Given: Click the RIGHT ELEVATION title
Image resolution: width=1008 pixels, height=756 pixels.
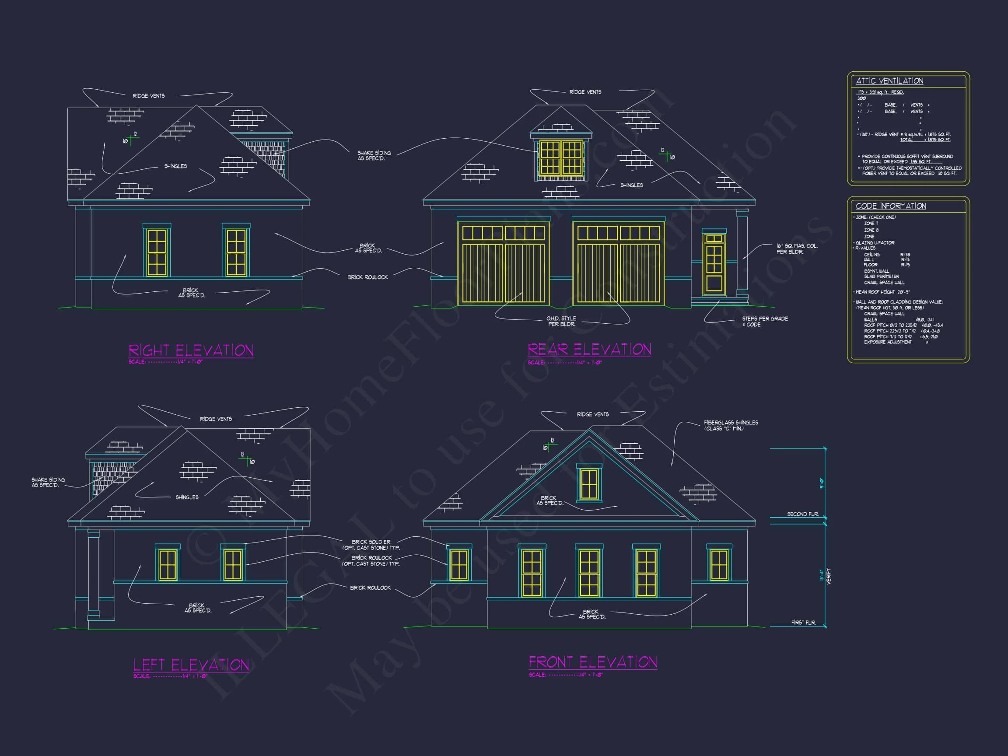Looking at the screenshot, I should [191, 350].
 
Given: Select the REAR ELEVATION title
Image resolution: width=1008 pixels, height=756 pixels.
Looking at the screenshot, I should [589, 349].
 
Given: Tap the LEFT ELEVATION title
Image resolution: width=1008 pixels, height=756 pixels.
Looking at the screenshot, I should [191, 665].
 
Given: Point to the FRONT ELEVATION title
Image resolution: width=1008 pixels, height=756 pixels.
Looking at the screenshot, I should [592, 661].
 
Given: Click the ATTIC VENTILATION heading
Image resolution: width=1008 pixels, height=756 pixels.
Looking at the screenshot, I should [889, 80].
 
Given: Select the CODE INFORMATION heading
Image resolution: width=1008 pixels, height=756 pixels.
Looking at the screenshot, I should [890, 206].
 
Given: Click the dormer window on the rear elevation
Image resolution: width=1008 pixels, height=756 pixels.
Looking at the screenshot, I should [560, 157].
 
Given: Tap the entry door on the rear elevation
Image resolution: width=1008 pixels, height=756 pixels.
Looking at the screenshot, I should [714, 264].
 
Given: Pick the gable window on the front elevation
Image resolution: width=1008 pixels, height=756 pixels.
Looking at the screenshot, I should [589, 483].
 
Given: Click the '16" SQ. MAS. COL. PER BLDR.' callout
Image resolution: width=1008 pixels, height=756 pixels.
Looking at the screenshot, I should [797, 249].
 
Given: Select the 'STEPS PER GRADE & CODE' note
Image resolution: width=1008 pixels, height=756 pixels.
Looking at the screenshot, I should [765, 322].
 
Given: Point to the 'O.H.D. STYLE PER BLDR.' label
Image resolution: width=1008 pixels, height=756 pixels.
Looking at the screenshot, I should [561, 321].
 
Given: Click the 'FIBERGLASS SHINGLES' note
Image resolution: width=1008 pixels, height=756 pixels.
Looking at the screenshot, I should [731, 425].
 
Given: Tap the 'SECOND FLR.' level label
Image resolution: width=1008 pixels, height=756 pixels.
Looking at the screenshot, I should [802, 514].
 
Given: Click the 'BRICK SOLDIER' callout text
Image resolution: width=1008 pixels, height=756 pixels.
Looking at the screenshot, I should [371, 542].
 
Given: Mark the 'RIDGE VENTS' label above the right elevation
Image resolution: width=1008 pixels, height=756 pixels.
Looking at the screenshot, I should [149, 96].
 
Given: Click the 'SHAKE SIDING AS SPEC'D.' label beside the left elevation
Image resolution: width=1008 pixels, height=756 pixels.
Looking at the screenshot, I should [48, 482].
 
